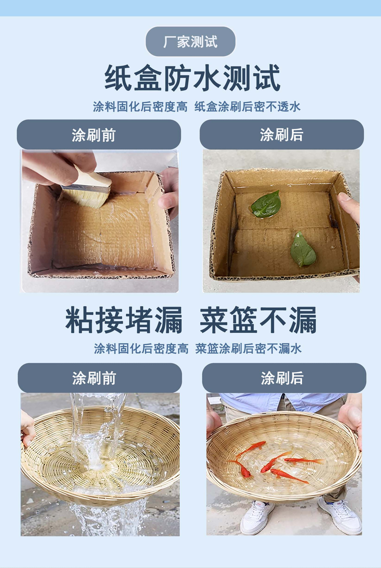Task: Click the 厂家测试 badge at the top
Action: click(190, 41)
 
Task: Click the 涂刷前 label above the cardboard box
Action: click(94, 135)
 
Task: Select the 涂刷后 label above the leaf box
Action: click(282, 135)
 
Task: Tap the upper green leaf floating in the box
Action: click(266, 204)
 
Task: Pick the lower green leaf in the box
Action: click(303, 249)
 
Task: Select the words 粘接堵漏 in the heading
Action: click(124, 320)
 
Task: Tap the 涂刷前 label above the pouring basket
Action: click(94, 378)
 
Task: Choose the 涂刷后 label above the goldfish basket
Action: click(282, 378)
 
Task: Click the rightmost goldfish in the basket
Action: click(304, 461)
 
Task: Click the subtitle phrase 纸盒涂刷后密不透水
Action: click(247, 106)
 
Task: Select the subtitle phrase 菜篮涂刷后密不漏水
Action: click(248, 348)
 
